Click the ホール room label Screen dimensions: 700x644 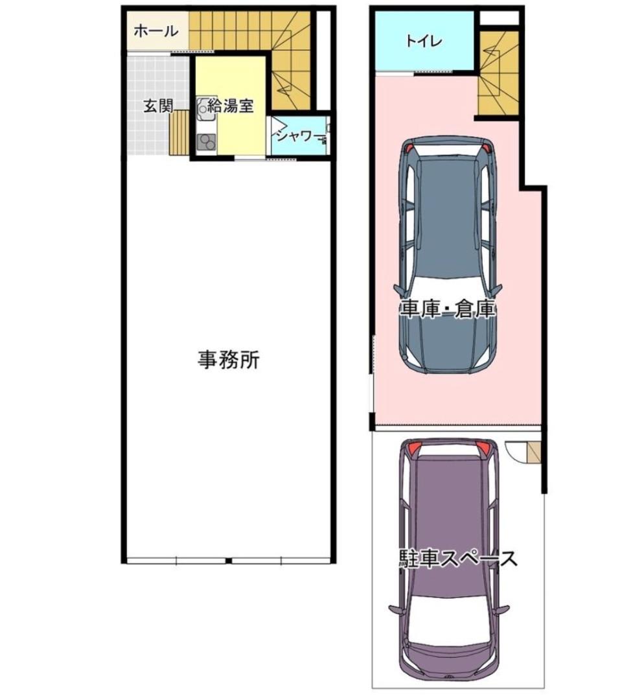pos(156,30)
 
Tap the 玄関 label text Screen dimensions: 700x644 pos(157,107)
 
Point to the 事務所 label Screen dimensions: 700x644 pos(229,360)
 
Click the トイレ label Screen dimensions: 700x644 pos(424,41)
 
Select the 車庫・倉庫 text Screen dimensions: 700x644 pos(447,309)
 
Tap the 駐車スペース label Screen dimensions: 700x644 pos(458,558)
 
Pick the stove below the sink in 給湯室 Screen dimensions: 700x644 pos(207,141)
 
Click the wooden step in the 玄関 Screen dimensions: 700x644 pos(179,133)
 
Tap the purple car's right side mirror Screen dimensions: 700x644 pos(502,609)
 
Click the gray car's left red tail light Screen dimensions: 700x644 pos(408,147)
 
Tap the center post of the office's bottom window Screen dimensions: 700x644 pos(228,561)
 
